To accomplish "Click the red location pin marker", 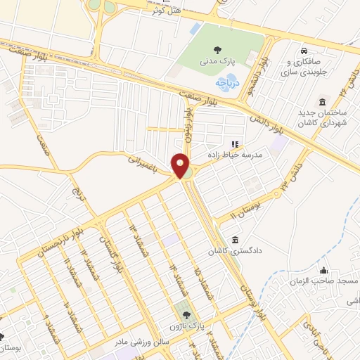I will [181, 167].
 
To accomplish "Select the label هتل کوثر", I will [166, 11].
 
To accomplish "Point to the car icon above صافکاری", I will [303, 51].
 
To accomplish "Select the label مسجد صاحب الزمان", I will [323, 281].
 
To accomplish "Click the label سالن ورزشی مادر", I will [141, 342].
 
